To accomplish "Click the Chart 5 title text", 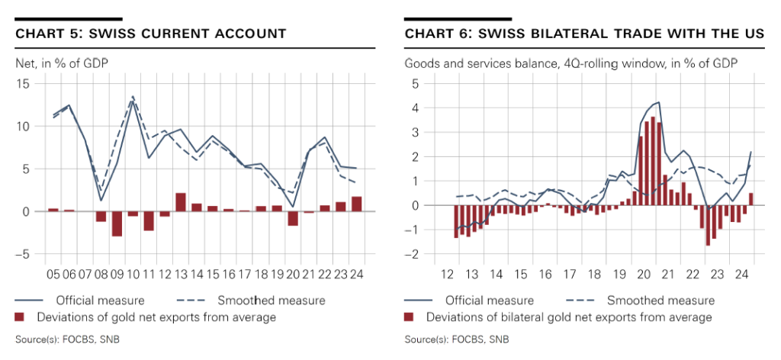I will (151, 34).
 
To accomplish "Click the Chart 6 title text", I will (583, 34).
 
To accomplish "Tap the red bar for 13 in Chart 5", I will (181, 202).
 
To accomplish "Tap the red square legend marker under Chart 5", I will (21, 317).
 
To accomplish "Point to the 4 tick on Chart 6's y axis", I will (416, 108).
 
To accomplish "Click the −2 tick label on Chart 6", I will (413, 255).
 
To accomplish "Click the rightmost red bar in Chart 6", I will (750, 199).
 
